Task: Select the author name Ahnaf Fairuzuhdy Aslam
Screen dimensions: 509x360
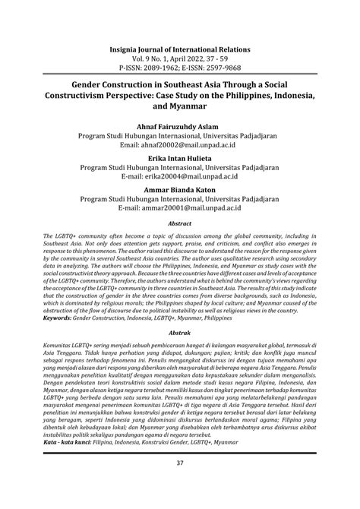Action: pyautogui.click(x=179, y=124)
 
